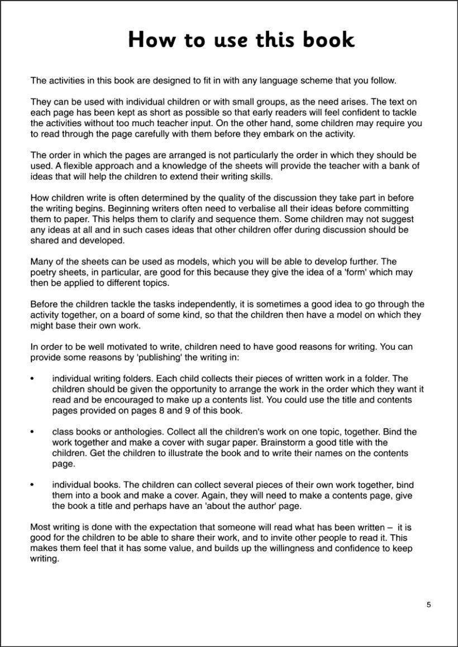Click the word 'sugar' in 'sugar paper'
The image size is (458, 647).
pos(208,443)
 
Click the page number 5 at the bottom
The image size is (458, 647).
pos(428,604)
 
